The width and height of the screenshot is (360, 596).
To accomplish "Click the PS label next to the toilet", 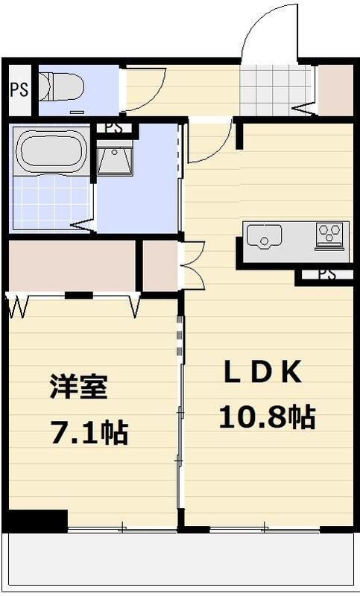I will tap(19, 90).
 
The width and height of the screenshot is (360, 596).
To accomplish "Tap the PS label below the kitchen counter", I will tap(326, 274).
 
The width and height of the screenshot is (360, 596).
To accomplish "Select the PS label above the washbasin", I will tap(113, 127).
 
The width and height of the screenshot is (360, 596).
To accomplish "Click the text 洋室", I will tap(79, 387).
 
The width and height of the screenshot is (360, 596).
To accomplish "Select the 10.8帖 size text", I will tap(266, 416).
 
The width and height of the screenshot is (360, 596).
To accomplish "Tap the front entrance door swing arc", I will tap(265, 30).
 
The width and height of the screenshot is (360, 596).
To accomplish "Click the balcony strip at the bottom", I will tap(180, 559).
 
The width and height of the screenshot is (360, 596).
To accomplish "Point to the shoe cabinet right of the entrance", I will tap(335, 90).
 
